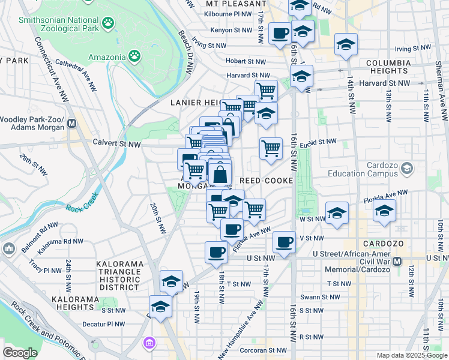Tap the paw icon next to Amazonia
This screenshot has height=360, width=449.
pos(136,57)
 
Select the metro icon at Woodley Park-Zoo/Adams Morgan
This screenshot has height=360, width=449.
pos(72,124)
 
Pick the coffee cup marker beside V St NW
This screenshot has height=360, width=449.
pos(285,242)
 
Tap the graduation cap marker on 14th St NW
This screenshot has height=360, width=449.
pos(345,45)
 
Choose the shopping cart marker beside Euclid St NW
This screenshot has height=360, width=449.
pos(271,148)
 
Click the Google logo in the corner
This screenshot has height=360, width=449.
pos(20,353)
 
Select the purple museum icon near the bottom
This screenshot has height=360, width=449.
pos(148,343)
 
